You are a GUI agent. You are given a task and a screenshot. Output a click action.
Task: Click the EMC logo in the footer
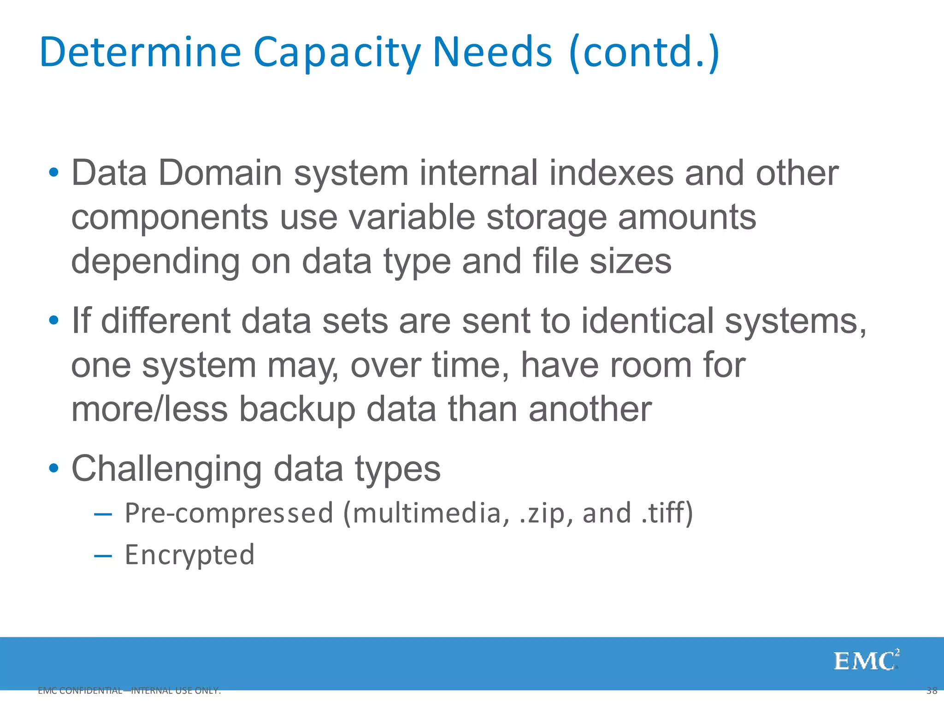(x=866, y=661)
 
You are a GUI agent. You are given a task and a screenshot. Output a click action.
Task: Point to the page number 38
(x=932, y=690)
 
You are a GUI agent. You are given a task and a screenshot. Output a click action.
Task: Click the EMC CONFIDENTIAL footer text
(x=129, y=690)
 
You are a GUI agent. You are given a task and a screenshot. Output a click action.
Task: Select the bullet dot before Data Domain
(x=54, y=173)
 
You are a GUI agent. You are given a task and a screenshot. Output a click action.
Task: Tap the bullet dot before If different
(x=54, y=320)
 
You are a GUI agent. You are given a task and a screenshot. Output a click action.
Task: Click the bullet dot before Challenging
(x=54, y=468)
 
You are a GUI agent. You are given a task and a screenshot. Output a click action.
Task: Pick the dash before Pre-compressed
(x=103, y=514)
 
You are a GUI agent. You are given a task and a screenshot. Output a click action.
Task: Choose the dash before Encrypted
(x=103, y=556)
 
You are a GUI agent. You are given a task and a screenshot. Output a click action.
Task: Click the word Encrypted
(x=189, y=555)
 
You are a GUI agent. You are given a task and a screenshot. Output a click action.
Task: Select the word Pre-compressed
(x=229, y=513)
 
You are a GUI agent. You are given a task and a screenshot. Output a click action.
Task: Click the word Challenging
(x=166, y=469)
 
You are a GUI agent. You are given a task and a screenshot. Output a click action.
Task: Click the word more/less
(x=149, y=409)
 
